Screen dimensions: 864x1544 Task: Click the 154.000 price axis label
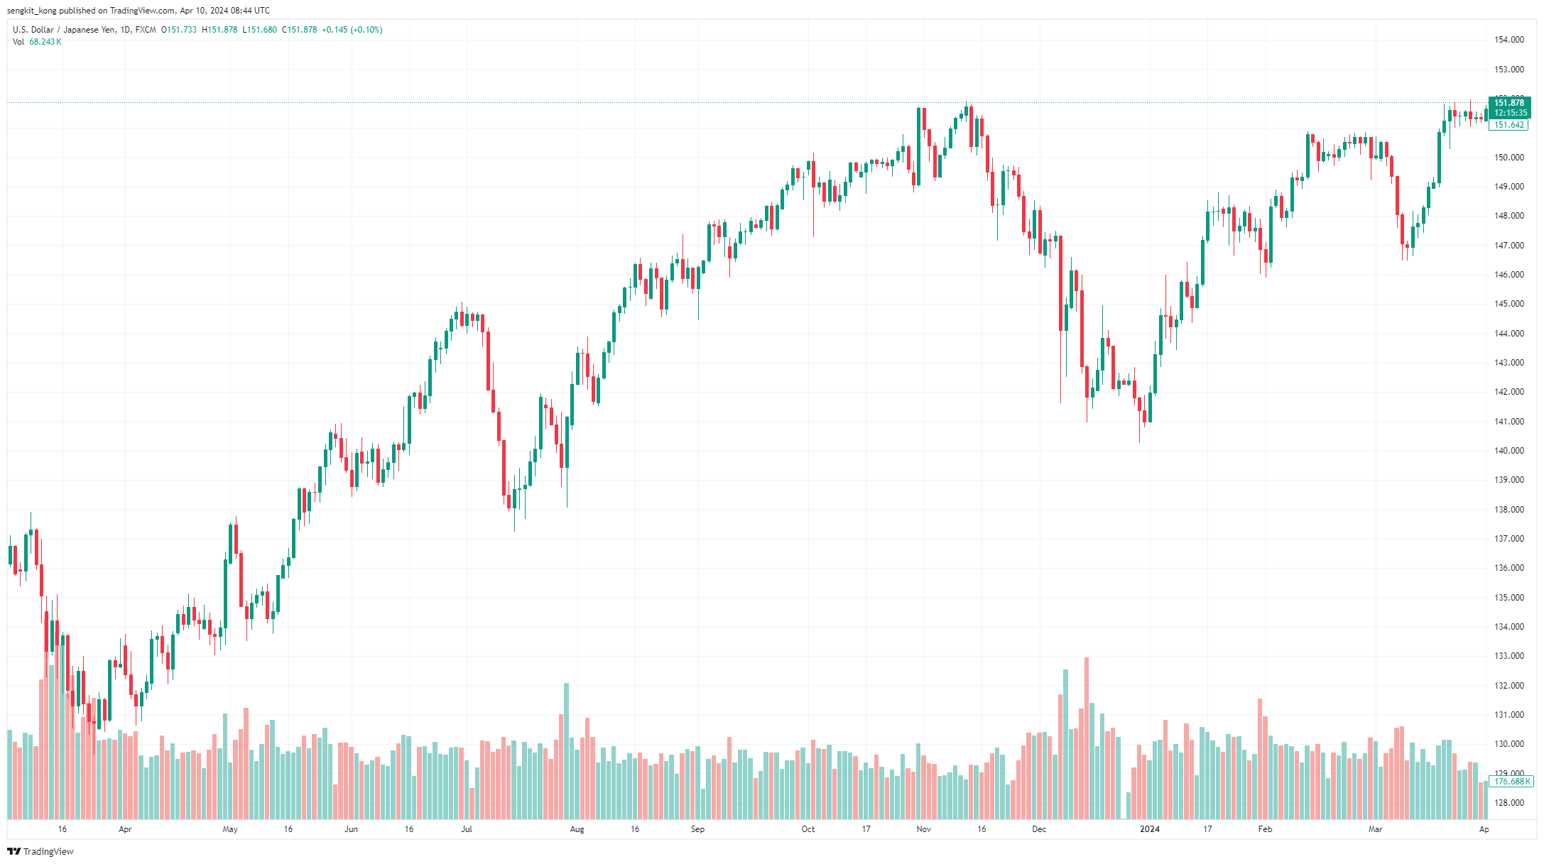point(1508,40)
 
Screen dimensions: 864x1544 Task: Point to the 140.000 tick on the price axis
point(1508,451)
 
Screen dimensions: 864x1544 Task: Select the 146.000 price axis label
point(1508,275)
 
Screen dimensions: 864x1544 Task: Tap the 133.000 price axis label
point(1508,656)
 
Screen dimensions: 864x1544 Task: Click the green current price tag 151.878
point(1509,103)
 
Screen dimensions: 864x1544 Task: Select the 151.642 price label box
point(1508,125)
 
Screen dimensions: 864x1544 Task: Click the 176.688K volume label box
point(1510,782)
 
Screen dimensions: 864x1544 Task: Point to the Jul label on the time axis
point(467,829)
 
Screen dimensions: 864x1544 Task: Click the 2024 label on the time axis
point(1149,829)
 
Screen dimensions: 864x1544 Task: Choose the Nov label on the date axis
point(923,829)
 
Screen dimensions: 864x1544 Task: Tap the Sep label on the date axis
point(697,829)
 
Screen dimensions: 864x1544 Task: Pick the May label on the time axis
point(230,829)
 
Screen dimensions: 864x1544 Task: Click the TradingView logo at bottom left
point(40,851)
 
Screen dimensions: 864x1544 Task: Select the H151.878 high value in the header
point(219,30)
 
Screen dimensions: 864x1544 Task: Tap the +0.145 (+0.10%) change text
point(352,30)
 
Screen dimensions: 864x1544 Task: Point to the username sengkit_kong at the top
point(31,11)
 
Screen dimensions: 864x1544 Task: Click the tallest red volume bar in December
point(1087,738)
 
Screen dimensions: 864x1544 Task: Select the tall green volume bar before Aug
point(566,751)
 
